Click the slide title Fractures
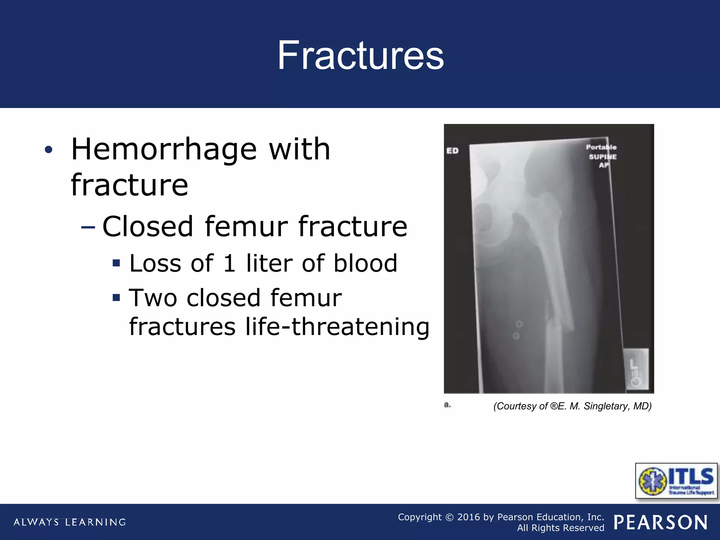pyautogui.click(x=360, y=56)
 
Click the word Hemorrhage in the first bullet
pyautogui.click(x=163, y=149)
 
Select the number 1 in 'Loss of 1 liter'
pyautogui.click(x=229, y=263)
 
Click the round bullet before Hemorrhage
pyautogui.click(x=49, y=150)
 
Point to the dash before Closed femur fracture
pyautogui.click(x=88, y=227)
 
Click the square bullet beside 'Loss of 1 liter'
pyautogui.click(x=116, y=263)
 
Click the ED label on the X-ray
pyautogui.click(x=452, y=151)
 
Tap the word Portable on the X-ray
pyautogui.click(x=601, y=147)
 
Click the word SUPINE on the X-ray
pyautogui.click(x=603, y=157)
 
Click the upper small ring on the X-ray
pyautogui.click(x=519, y=324)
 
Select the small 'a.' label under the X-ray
pyautogui.click(x=447, y=405)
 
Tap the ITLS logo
pyautogui.click(x=676, y=481)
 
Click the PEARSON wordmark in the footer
pyautogui.click(x=661, y=522)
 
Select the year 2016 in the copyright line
pyautogui.click(x=468, y=517)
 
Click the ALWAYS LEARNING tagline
pyautogui.click(x=70, y=522)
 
